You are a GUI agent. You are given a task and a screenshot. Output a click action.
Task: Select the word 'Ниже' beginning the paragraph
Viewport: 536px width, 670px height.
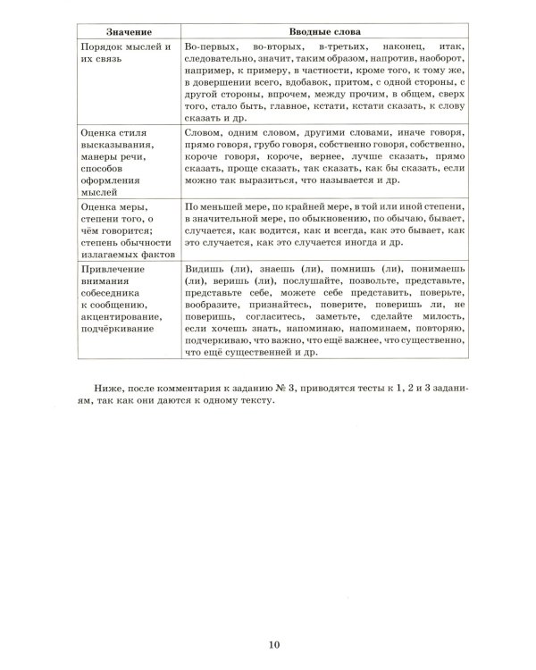click(x=106, y=387)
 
